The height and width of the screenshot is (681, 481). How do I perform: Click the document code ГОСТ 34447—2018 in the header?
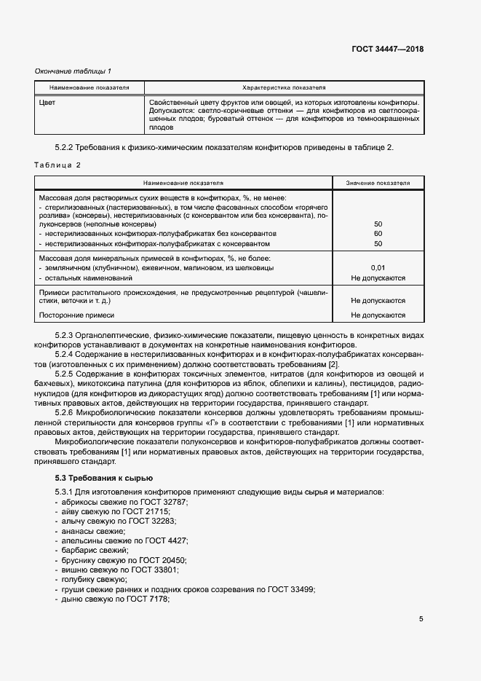[x=388, y=50]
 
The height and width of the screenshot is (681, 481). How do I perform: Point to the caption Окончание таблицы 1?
[x=73, y=71]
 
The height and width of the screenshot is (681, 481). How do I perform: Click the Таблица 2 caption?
[x=58, y=165]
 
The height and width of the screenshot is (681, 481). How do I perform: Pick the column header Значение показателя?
[x=378, y=183]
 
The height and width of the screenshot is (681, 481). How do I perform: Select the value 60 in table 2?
[x=378, y=234]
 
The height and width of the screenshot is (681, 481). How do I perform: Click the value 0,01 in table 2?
[x=378, y=268]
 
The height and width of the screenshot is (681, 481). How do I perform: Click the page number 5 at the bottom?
[x=421, y=620]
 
